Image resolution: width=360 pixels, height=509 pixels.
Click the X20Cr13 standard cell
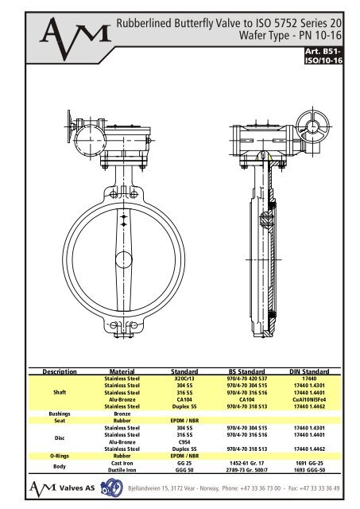point(184,378)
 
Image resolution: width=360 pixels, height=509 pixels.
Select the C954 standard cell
point(184,441)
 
